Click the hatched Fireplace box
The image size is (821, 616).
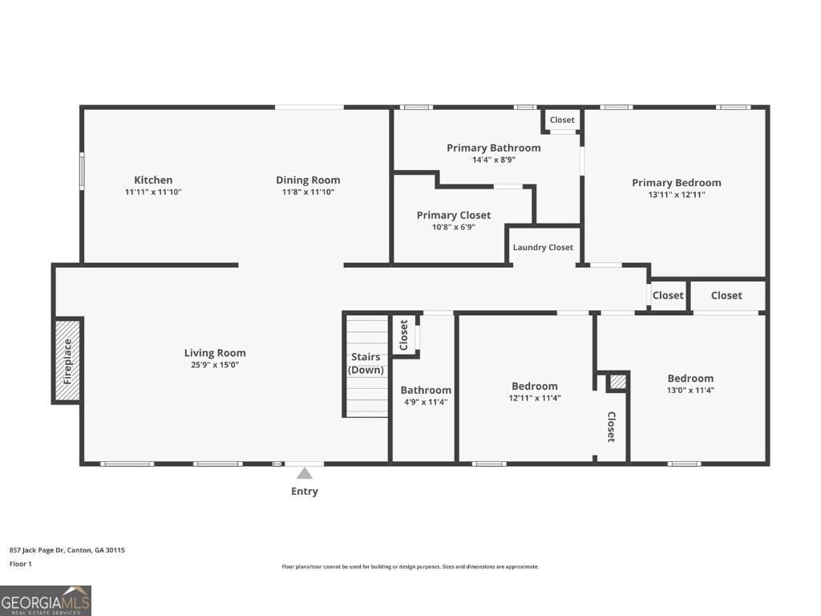point(68,361)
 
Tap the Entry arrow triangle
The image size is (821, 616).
point(305,473)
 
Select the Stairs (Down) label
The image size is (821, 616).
point(366,363)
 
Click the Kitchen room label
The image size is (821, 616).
point(153,180)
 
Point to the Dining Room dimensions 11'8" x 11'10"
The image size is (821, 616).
point(308,192)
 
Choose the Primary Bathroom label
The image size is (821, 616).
point(493,148)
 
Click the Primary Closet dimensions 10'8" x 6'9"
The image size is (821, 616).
point(453,227)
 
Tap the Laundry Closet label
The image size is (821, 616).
point(543,247)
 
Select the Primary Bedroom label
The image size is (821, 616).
point(676,182)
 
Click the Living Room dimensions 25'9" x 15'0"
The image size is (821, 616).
point(214,365)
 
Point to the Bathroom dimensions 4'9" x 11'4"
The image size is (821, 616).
point(425,403)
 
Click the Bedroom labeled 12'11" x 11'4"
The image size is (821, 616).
point(534,387)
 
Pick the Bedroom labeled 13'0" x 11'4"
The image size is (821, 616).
point(690,379)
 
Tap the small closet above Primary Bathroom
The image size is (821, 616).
point(562,120)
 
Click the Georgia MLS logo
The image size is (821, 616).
point(46,600)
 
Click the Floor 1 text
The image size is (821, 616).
point(22,564)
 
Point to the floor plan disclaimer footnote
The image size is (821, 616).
point(410,566)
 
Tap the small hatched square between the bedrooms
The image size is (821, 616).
point(617,382)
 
